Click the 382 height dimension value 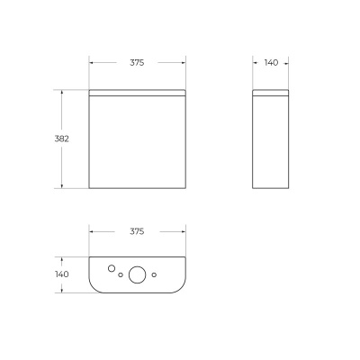point(62,139)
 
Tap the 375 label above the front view point(137,63)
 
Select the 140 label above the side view point(272,63)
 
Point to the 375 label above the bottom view point(137,231)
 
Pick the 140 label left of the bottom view point(62,274)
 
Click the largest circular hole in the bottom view point(138,274)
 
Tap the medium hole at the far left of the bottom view point(110,268)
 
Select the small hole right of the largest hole point(155,274)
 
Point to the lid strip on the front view point(137,92)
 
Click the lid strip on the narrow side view point(272,92)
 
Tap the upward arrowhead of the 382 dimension point(62,92)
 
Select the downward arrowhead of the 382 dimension point(62,186)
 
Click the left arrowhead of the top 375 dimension point(92,63)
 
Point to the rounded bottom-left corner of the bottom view point(95,288)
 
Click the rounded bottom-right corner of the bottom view point(179,288)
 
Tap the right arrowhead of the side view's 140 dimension point(289,63)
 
